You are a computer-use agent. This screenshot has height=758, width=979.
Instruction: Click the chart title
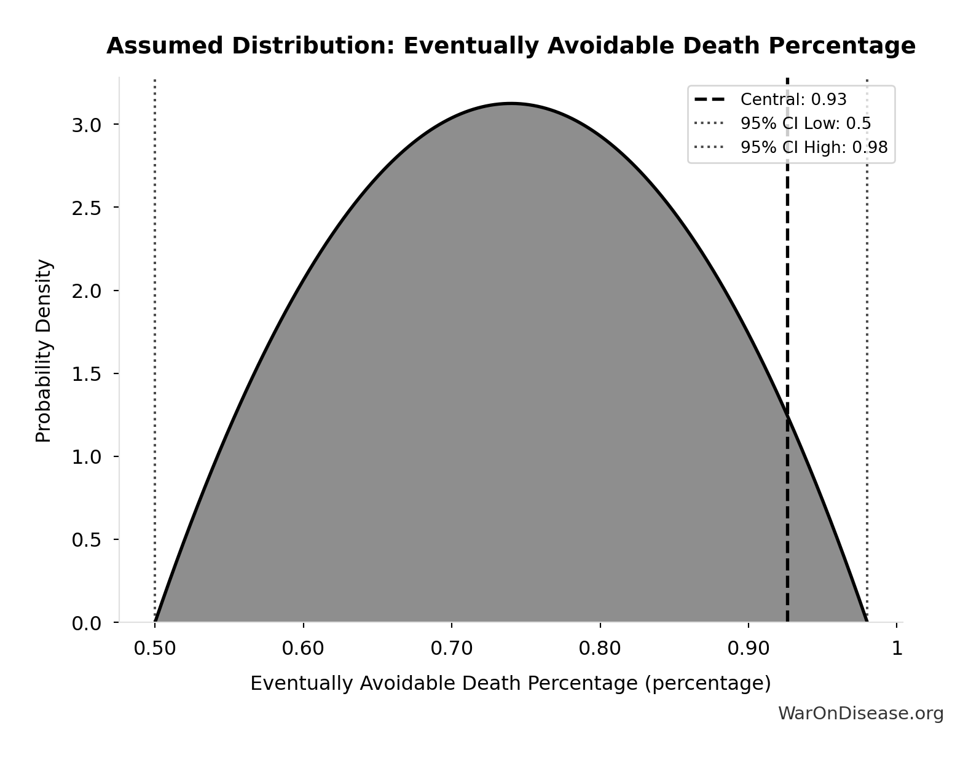tap(511, 46)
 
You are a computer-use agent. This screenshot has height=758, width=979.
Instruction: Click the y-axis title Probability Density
tap(44, 351)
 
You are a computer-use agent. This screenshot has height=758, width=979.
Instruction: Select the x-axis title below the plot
tap(510, 683)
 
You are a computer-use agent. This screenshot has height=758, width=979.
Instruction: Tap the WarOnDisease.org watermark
tap(860, 713)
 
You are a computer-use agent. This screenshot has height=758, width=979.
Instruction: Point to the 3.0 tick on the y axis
tap(86, 125)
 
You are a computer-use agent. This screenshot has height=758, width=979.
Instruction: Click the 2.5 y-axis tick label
tap(86, 208)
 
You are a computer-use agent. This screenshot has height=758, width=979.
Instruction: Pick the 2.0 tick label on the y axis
tap(86, 291)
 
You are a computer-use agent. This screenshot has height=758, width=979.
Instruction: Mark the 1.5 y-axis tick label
tap(86, 374)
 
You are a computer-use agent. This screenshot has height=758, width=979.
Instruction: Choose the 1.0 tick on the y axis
tap(86, 457)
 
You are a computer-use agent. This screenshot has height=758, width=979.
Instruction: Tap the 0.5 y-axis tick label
tap(86, 540)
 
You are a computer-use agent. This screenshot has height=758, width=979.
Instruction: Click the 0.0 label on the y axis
tap(86, 623)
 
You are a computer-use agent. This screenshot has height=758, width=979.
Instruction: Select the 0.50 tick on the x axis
tap(155, 648)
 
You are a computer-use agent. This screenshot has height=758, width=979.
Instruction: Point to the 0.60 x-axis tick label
tap(303, 648)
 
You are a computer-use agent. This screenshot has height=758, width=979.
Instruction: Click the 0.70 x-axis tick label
tap(452, 648)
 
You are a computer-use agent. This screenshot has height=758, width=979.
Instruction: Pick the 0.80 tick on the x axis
tap(600, 648)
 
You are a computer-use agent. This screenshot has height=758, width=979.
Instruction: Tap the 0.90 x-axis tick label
tap(749, 648)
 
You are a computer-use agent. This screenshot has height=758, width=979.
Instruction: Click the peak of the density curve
tap(511, 103)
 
